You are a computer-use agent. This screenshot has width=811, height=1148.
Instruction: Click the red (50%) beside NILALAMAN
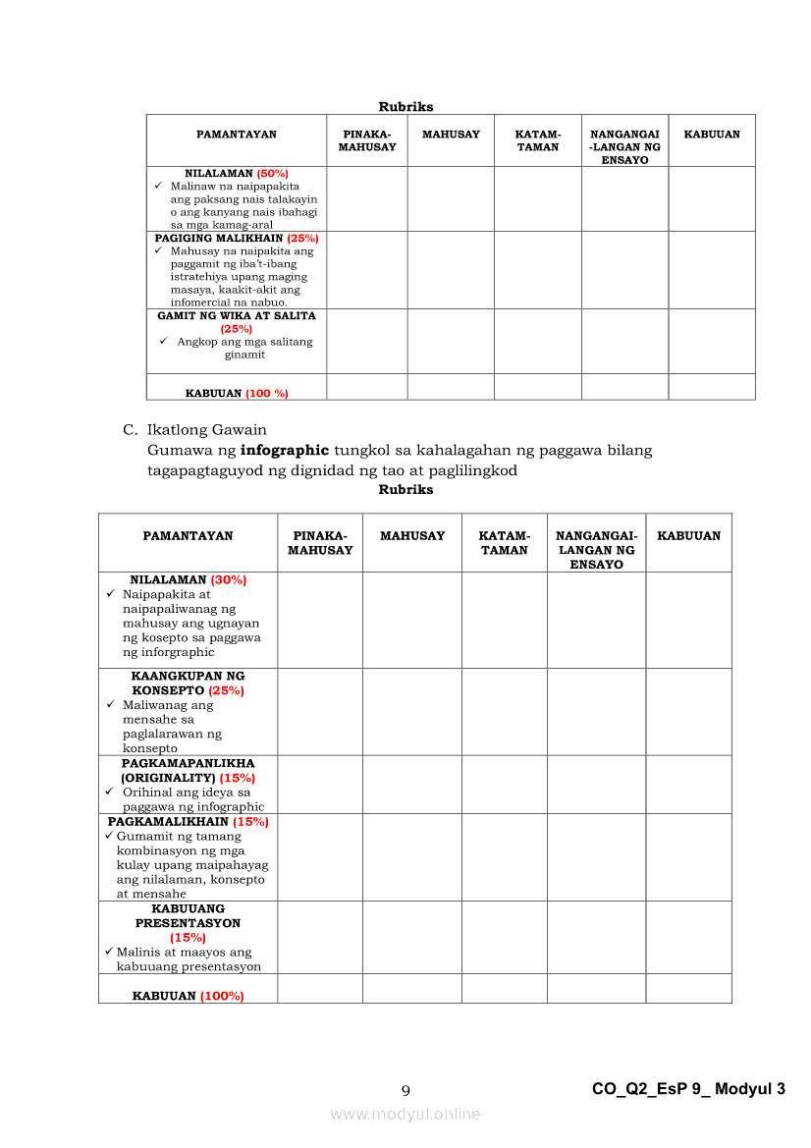click(x=272, y=173)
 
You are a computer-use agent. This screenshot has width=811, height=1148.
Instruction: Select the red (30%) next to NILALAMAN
click(x=228, y=579)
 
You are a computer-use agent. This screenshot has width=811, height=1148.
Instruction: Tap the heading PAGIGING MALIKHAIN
click(x=219, y=238)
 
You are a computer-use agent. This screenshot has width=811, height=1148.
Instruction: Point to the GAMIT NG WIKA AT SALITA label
click(x=237, y=316)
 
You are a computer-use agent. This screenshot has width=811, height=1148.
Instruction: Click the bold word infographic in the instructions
click(x=285, y=451)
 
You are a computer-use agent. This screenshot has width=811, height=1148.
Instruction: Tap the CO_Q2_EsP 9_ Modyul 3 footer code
click(x=688, y=1089)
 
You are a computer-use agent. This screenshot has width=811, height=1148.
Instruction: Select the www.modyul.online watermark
click(x=405, y=1114)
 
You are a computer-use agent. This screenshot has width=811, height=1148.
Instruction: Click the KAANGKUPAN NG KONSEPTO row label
click(x=188, y=683)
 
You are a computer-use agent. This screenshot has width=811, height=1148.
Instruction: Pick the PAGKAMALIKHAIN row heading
click(x=168, y=821)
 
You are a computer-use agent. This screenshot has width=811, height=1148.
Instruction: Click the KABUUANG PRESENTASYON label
click(x=188, y=916)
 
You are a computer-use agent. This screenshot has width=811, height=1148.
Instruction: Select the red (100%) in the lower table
click(x=222, y=996)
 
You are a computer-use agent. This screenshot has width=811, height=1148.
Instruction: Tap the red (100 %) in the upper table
click(x=266, y=393)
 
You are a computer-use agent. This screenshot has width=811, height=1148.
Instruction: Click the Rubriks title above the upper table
click(x=405, y=107)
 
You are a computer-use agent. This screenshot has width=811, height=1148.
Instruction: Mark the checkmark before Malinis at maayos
click(x=109, y=952)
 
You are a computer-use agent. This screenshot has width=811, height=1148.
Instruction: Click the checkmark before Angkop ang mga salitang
click(x=163, y=342)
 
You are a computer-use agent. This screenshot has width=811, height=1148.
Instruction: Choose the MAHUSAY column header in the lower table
click(x=411, y=536)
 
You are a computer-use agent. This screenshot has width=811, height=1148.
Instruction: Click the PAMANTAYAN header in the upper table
click(x=237, y=135)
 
